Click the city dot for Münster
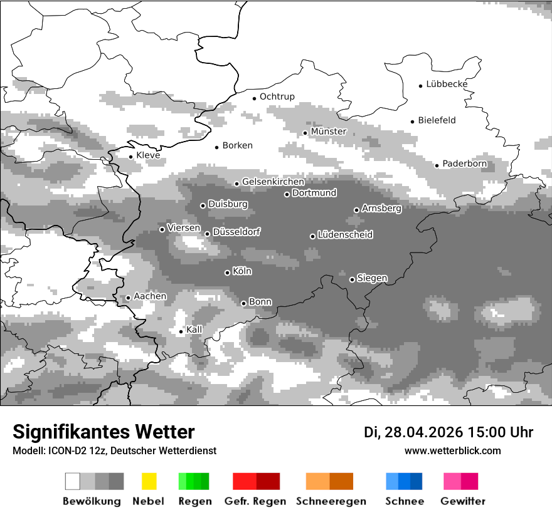(305, 133)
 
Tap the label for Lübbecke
(447, 84)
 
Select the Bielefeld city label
(437, 120)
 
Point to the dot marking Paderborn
(437, 165)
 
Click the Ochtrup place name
(277, 96)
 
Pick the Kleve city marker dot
(131, 157)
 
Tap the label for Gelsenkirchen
(273, 182)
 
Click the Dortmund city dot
(287, 194)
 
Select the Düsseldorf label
(236, 232)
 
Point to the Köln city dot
(228, 273)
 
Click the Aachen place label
(150, 296)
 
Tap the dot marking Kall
(181, 331)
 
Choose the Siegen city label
(372, 278)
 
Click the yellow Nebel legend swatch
(149, 481)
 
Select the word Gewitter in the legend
(463, 501)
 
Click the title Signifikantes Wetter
(103, 432)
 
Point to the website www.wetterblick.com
(453, 451)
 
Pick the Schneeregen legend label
(331, 501)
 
